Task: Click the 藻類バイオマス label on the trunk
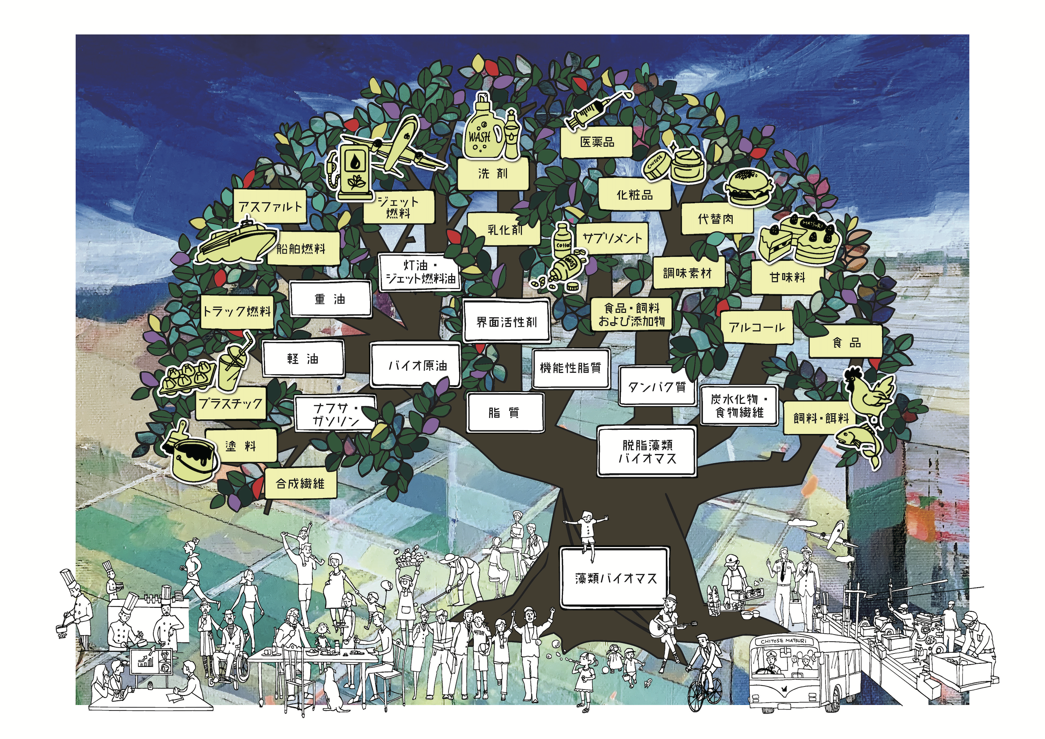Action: pyautogui.click(x=615, y=578)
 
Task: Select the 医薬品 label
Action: pyautogui.click(x=597, y=142)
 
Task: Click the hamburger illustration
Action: pyautogui.click(x=749, y=187)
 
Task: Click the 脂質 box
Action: pyautogui.click(x=505, y=413)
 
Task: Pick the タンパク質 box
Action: pyautogui.click(x=657, y=386)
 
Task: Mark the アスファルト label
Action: pyautogui.click(x=271, y=206)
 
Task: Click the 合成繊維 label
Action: pyautogui.click(x=300, y=483)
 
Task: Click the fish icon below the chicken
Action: pyautogui.click(x=858, y=443)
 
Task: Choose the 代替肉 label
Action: pyautogui.click(x=716, y=219)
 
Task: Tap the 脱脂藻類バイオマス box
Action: pyautogui.click(x=647, y=451)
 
